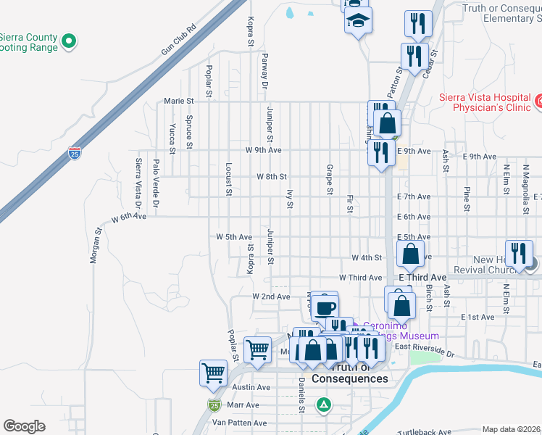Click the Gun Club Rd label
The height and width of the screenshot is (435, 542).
click(x=179, y=41)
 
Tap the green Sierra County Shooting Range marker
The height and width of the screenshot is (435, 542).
click(x=70, y=41)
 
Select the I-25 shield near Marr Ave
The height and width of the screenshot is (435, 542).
click(x=214, y=405)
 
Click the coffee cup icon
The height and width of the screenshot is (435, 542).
click(x=325, y=306)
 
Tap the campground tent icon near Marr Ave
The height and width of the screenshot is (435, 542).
click(x=325, y=405)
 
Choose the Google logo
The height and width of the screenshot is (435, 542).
click(x=24, y=426)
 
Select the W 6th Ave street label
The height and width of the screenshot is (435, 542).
click(x=128, y=217)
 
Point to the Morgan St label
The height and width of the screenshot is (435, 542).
click(x=94, y=246)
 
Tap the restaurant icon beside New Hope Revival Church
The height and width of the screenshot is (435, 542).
click(x=518, y=253)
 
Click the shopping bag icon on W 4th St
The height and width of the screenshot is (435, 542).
click(x=410, y=254)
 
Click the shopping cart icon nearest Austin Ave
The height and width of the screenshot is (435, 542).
click(x=213, y=373)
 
